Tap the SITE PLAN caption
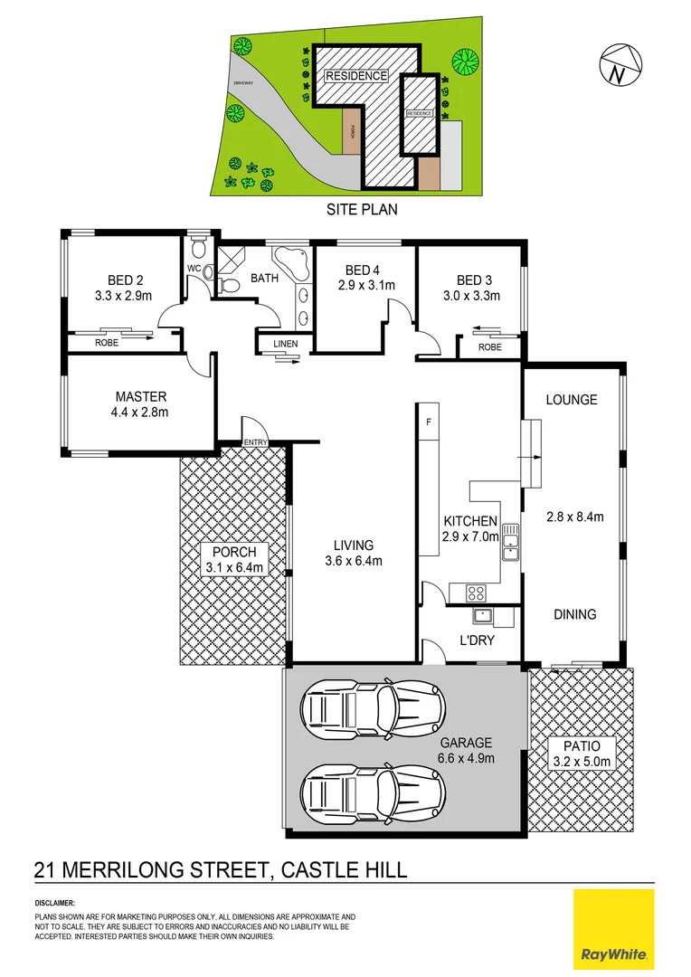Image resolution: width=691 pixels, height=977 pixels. click(362, 209)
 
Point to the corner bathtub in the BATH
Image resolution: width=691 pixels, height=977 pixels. click(291, 261)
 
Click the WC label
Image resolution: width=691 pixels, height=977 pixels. click(194, 269)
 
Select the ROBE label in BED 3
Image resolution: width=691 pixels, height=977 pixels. click(489, 346)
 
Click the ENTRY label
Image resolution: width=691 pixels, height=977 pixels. click(256, 441)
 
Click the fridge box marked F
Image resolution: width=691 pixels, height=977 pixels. click(429, 421)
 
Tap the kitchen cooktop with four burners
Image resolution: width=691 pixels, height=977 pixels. click(475, 593)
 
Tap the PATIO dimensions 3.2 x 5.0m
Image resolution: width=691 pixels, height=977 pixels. click(582, 763)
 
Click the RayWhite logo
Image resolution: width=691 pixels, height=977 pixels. click(614, 927)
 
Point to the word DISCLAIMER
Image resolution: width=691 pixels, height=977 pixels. click(55, 903)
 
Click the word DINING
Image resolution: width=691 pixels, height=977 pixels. click(574, 614)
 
